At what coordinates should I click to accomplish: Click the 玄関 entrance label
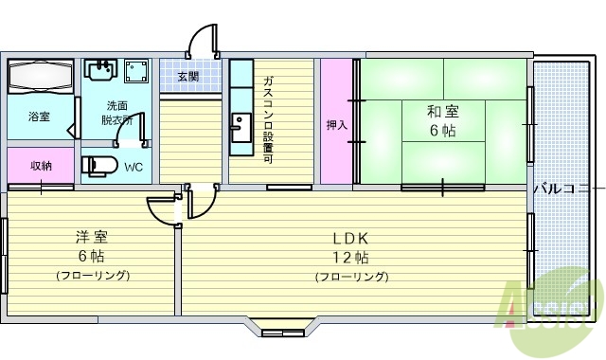pyautogui.click(x=187, y=77)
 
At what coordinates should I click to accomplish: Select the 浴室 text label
pyautogui.click(x=39, y=117)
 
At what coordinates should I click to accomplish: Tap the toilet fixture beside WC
pyautogui.click(x=98, y=167)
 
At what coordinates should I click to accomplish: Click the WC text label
pyautogui.click(x=134, y=168)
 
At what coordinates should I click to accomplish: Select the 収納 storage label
pyautogui.click(x=41, y=166)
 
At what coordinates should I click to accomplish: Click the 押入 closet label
pyautogui.click(x=336, y=124)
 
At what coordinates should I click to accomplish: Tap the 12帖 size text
pyautogui.click(x=350, y=258)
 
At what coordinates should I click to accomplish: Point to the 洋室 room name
pyautogui.click(x=91, y=236)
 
